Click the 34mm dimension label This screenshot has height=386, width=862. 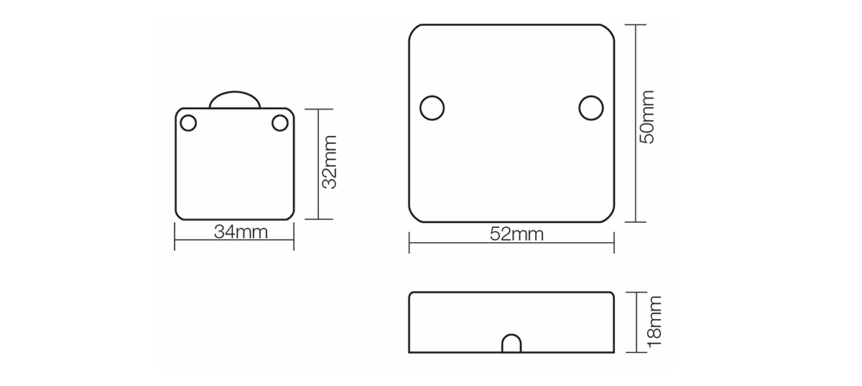(241, 232)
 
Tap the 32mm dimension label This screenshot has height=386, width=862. (329, 163)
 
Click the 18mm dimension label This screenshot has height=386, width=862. (654, 322)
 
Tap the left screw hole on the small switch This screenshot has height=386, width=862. (188, 123)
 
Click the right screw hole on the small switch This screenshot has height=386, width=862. (280, 123)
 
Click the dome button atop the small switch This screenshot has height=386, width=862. (234, 100)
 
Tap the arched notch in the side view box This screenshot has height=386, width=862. (511, 344)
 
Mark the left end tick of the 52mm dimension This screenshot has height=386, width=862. (409, 242)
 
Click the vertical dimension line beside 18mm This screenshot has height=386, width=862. (636, 322)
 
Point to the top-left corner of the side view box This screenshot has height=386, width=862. (412, 294)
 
